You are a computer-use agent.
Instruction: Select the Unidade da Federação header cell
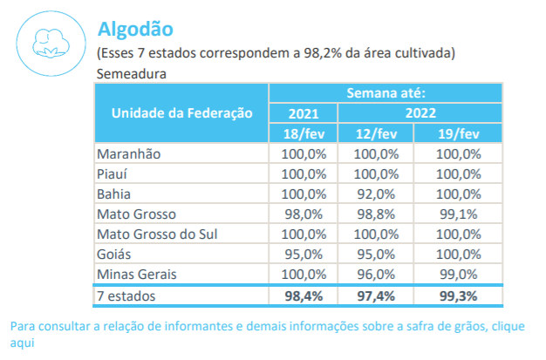(x=181, y=112)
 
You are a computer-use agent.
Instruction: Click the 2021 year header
(x=303, y=112)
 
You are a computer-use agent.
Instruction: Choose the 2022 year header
(x=420, y=112)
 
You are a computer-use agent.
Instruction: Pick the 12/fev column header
(x=377, y=132)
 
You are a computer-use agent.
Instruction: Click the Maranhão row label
(x=129, y=153)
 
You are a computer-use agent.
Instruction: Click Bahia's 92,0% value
(x=378, y=194)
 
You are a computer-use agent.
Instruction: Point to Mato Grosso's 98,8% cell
(x=378, y=214)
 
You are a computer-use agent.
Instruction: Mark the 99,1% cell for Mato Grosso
(x=460, y=214)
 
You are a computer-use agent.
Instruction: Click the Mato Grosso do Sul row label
(x=156, y=234)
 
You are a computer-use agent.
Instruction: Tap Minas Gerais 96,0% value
(x=378, y=274)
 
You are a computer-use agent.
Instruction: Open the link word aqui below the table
(x=23, y=343)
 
